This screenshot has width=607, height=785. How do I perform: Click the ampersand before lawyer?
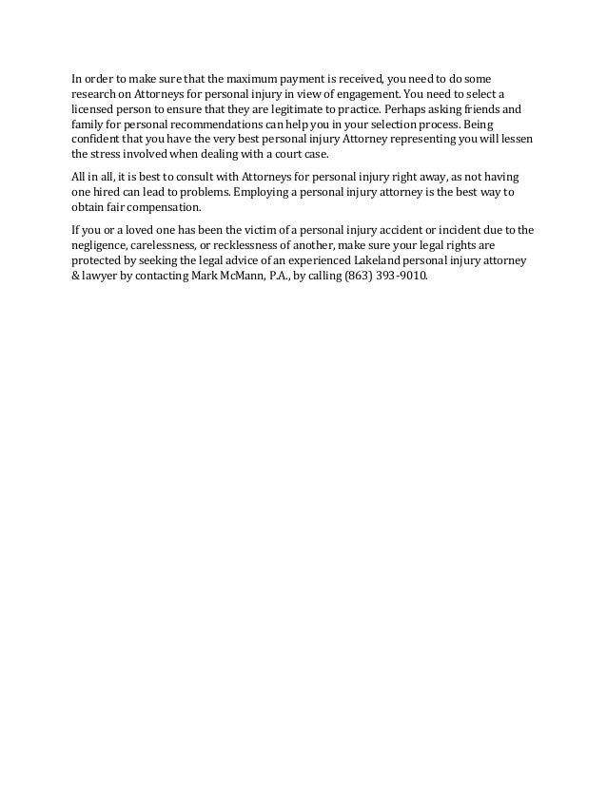[76, 274]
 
